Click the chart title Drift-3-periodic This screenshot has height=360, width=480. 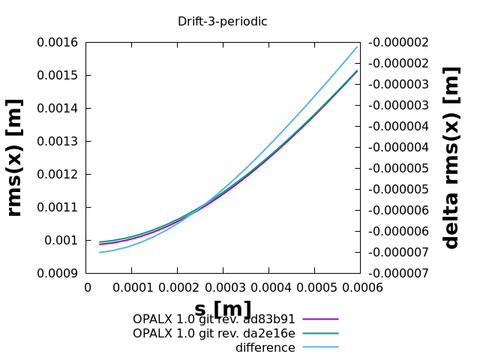[222, 22]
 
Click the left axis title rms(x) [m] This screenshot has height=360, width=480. [15, 157]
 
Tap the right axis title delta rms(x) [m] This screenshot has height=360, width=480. [451, 157]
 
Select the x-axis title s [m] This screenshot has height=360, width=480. [223, 308]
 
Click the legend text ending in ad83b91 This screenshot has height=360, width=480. [214, 319]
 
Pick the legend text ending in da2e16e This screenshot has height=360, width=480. [214, 334]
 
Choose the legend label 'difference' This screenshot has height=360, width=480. [265, 348]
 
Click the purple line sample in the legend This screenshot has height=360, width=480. [320, 319]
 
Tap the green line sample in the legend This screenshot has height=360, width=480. [320, 334]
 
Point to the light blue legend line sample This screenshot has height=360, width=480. [320, 347]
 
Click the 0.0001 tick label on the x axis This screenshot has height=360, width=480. [133, 288]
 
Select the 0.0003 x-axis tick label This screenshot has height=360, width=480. [223, 288]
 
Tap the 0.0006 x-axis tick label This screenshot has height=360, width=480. [360, 288]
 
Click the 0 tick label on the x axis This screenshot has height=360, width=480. [87, 288]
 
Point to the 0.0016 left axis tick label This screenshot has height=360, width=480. [57, 43]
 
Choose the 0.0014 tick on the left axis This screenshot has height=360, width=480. [57, 109]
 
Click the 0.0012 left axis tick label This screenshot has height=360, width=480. [57, 175]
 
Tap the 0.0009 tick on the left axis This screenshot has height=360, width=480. [57, 274]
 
